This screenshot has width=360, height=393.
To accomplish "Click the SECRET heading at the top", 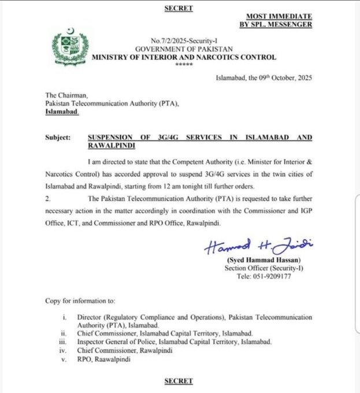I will click(x=179, y=8).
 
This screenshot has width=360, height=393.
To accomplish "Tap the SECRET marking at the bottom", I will click(x=179, y=381).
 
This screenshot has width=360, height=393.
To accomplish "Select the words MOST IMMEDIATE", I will click(x=279, y=16).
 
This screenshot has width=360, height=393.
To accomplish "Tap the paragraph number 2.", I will click(x=47, y=198).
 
